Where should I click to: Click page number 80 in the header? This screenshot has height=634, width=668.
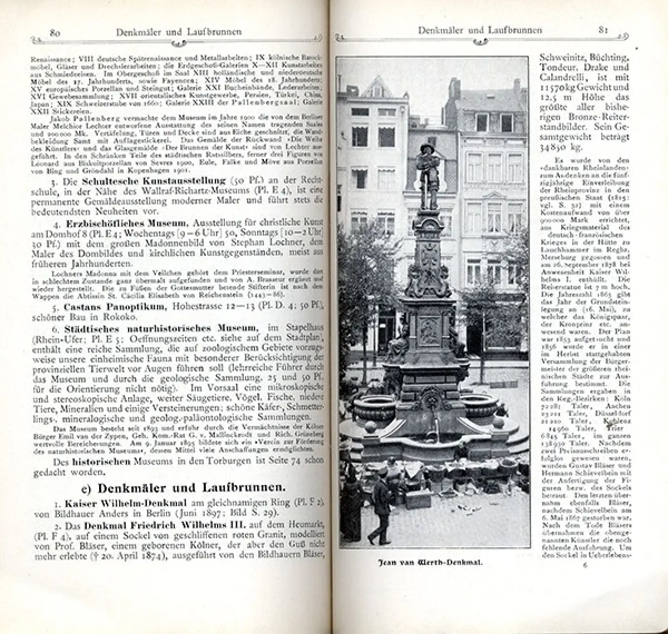(55, 32)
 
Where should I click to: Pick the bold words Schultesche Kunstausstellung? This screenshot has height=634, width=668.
(154, 181)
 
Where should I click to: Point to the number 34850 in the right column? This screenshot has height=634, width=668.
(558, 147)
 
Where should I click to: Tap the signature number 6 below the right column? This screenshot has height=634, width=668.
(584, 564)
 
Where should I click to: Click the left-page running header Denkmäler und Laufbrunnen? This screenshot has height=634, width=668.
(179, 32)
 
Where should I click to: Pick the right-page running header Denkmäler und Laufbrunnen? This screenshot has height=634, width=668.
(480, 29)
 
